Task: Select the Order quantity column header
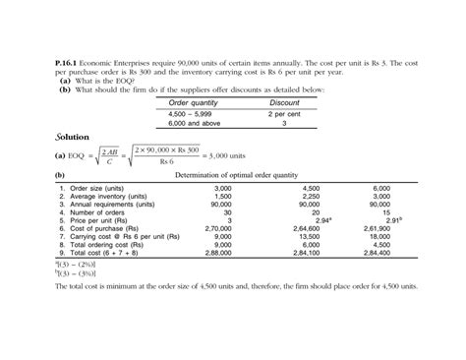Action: [193, 103]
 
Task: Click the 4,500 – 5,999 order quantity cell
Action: [192, 114]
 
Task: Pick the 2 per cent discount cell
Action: [285, 114]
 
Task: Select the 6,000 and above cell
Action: [192, 124]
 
